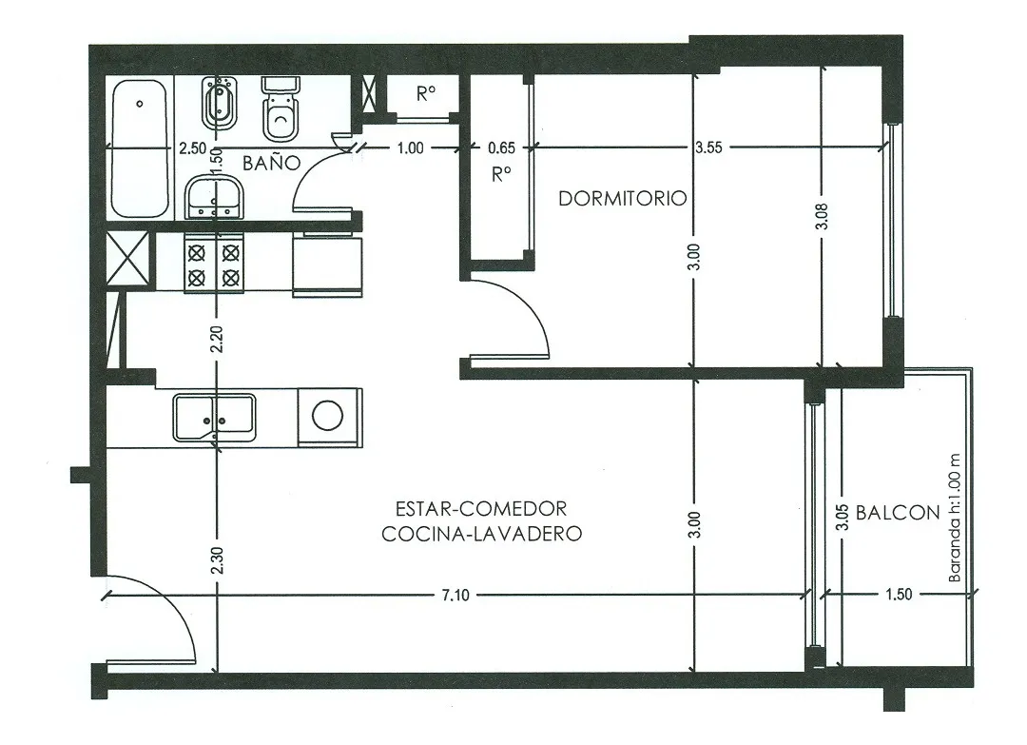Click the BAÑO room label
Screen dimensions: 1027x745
click(271, 163)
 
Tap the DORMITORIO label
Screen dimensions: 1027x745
click(622, 199)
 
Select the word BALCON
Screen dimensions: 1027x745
click(898, 513)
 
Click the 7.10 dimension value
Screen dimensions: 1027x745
click(455, 595)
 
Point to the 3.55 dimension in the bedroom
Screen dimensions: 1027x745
click(708, 147)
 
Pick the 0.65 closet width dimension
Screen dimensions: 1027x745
click(502, 148)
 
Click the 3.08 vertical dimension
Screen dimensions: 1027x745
click(823, 216)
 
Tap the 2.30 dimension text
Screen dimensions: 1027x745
click(218, 560)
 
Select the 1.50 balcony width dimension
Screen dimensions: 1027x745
click(899, 595)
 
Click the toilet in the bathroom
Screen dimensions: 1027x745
click(280, 108)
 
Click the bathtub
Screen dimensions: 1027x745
click(139, 148)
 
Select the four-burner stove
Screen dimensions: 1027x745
click(214, 264)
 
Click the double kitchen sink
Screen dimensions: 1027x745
click(214, 418)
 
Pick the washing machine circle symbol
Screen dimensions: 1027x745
click(327, 416)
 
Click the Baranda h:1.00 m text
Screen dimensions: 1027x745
click(955, 519)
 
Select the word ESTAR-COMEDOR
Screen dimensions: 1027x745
click(481, 508)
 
